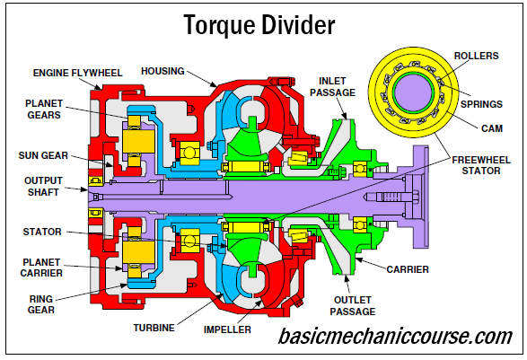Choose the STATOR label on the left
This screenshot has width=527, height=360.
[x=41, y=232]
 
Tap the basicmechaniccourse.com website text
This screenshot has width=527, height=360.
[x=394, y=338]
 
